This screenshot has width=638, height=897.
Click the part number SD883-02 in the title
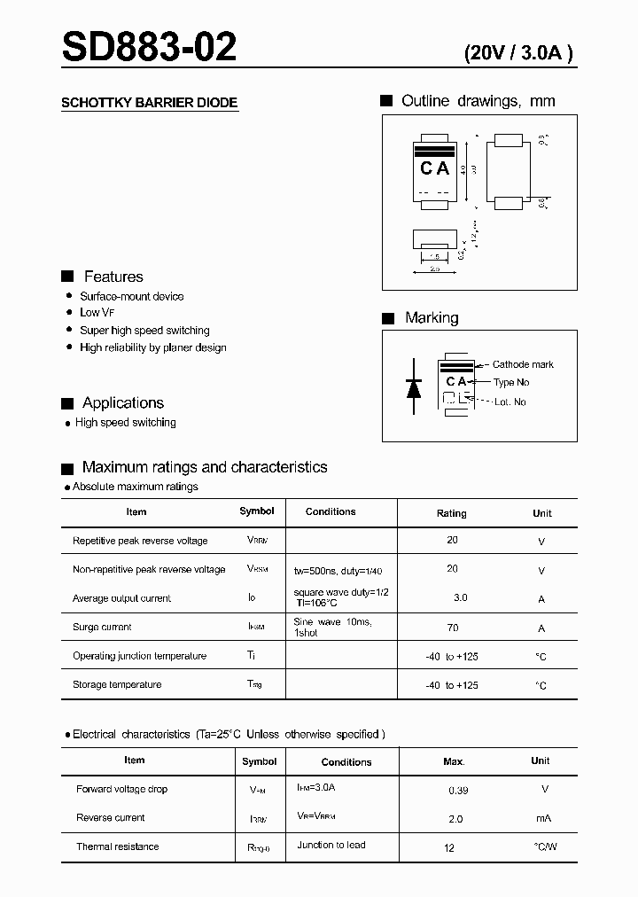tap(149, 46)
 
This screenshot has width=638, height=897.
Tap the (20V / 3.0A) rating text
tap(518, 53)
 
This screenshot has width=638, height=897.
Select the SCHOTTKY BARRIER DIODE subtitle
tap(149, 103)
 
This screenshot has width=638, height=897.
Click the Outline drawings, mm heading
tap(478, 101)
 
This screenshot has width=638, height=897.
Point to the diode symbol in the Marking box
tap(414, 386)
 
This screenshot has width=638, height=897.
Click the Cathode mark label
tap(523, 364)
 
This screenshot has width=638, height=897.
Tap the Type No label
tap(511, 383)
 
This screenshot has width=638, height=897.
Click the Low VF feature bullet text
tap(97, 313)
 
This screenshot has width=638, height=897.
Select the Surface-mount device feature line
tap(132, 296)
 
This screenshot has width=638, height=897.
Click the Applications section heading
tap(123, 403)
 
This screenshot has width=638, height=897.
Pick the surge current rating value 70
tap(452, 627)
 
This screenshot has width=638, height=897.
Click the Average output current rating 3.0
tap(461, 598)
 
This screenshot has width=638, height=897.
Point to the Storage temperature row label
tap(117, 684)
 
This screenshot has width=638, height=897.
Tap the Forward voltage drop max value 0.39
tap(458, 789)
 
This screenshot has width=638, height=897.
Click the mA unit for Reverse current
tap(545, 818)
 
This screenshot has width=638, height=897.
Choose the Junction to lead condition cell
tap(331, 845)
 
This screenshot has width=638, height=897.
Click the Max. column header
tap(454, 761)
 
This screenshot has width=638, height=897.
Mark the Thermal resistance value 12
tap(449, 847)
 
